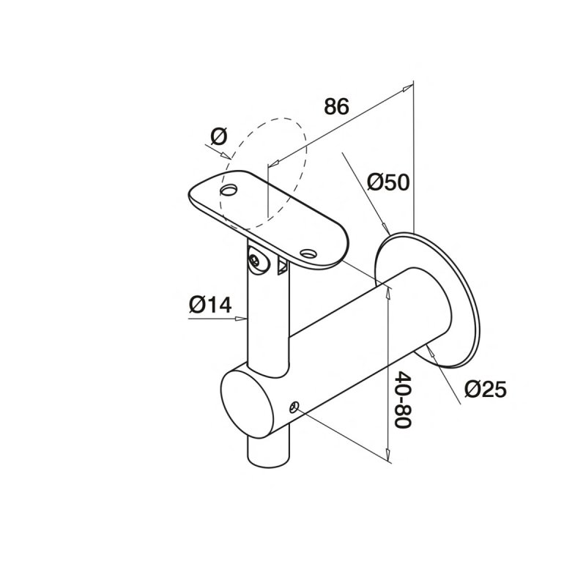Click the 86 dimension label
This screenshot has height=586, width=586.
(336, 106)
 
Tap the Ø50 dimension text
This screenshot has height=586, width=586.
(388, 182)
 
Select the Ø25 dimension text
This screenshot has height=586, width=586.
(486, 389)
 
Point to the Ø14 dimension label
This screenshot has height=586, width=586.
(210, 304)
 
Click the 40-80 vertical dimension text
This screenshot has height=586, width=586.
(403, 399)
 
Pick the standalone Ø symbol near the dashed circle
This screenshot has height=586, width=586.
(218, 136)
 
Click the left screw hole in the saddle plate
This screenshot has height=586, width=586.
(229, 190)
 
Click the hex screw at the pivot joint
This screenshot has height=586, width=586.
(256, 260)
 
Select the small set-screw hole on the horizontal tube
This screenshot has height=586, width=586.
(295, 407)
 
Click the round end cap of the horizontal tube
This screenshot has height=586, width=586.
(248, 404)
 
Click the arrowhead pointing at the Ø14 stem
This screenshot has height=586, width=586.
(241, 319)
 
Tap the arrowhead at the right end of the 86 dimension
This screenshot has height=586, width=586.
(408, 88)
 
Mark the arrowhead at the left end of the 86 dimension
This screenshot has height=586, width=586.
(274, 163)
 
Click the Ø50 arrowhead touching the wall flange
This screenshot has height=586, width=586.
(385, 229)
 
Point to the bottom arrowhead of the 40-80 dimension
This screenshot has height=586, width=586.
(388, 454)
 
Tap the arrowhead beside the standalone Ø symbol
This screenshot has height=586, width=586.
(226, 155)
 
